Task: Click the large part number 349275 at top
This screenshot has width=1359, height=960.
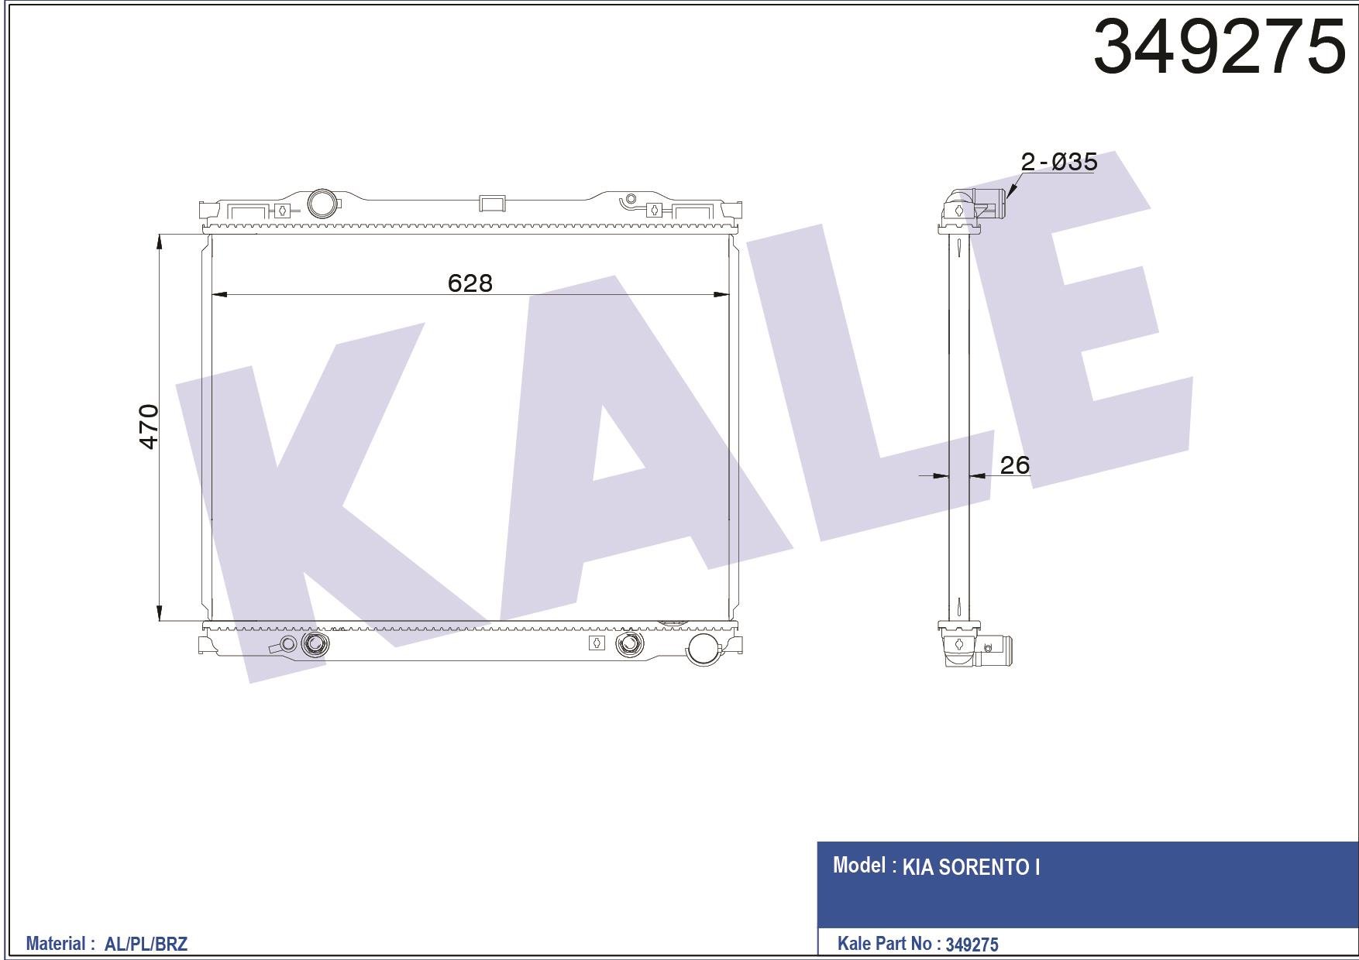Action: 1219,46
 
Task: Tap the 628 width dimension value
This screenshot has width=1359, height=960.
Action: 470,283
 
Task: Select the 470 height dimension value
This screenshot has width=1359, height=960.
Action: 148,427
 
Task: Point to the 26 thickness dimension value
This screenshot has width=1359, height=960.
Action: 1014,465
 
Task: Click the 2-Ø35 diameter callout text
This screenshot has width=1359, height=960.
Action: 1058,162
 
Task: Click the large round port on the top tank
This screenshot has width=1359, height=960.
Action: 322,204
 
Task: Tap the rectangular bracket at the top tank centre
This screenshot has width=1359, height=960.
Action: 492,203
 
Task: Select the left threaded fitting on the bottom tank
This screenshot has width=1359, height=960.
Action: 315,643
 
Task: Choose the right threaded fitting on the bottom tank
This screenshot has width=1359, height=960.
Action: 628,643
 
